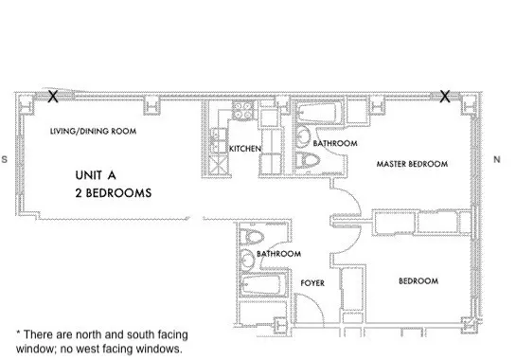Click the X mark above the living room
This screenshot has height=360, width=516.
tap(53, 96)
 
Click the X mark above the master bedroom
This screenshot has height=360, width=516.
tap(444, 96)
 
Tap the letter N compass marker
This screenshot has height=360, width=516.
tap(496, 160)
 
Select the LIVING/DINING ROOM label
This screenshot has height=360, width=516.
tap(94, 132)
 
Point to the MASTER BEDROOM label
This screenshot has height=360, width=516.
tap(411, 164)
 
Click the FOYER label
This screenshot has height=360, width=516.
tap(312, 282)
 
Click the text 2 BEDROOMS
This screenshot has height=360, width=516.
tap(115, 192)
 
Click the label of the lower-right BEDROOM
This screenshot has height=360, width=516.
tap(418, 281)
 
